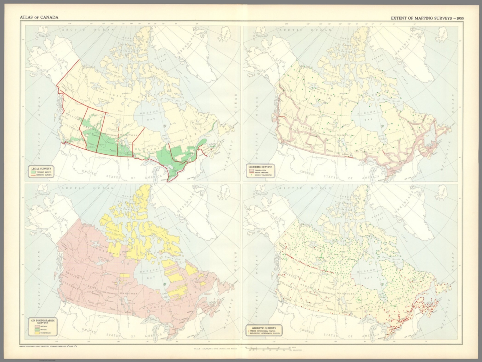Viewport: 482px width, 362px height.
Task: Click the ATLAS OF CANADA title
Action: [x=39, y=17]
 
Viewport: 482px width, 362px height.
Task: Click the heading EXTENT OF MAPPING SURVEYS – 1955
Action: [x=427, y=18]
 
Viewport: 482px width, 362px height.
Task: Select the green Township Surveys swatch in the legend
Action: [x=33, y=172]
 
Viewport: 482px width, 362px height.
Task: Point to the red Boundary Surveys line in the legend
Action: [x=33, y=175]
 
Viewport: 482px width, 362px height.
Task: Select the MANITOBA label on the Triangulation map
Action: [x=345, y=135]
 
